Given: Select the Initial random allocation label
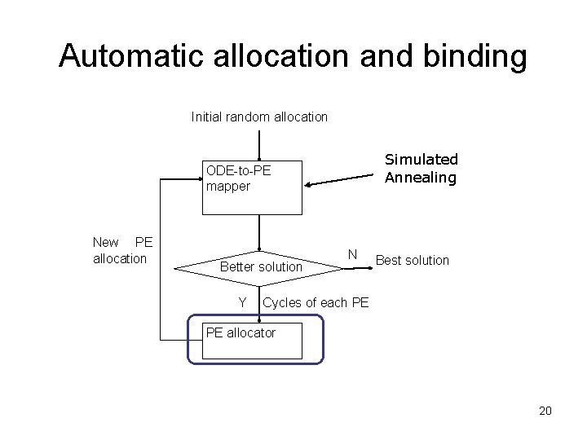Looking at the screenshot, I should coord(259,117).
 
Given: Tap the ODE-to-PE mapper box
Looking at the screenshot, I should coord(252,187).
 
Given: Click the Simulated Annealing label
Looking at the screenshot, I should coord(421,168).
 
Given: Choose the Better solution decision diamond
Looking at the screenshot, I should coord(259,266).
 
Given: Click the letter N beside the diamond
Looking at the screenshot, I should coord(351,254).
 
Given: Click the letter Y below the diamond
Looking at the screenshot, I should coord(242,302).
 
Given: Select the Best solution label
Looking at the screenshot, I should coord(413,260).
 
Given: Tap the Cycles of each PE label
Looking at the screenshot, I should coord(316,302).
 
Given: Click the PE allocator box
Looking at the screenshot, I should coord(252,341).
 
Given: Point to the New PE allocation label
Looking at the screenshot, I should coord(122,250).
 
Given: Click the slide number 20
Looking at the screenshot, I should coord(545,411).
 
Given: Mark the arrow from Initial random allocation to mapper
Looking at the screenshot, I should coord(258,143).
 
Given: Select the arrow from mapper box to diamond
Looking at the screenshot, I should coord(258,231).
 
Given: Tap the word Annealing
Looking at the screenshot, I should coord(421,177).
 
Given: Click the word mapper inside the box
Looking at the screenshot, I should coord(228,186).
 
